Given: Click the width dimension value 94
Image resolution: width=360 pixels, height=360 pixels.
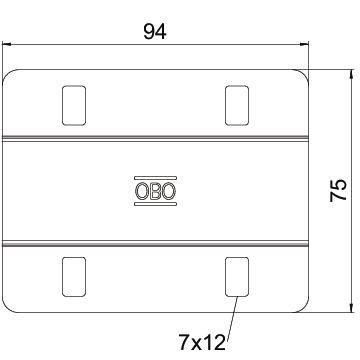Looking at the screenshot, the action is (155, 32).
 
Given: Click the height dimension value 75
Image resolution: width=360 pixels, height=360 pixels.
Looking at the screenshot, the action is (339, 190).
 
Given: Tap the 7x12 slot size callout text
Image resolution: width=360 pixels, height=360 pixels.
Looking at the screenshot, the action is (202, 342).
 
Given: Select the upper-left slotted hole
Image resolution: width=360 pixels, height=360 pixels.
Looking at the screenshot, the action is (74, 105).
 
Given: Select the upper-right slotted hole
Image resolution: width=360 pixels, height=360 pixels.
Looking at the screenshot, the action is (237, 105).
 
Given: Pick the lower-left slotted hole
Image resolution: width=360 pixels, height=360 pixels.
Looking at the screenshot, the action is (74, 277).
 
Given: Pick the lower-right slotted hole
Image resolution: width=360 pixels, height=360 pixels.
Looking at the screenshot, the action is (237, 277).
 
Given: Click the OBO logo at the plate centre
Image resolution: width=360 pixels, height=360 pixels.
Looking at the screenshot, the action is (155, 191).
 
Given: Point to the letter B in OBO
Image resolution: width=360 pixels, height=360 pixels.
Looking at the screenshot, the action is (155, 191).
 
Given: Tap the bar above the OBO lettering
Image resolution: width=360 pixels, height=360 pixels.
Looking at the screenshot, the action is (155, 178).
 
